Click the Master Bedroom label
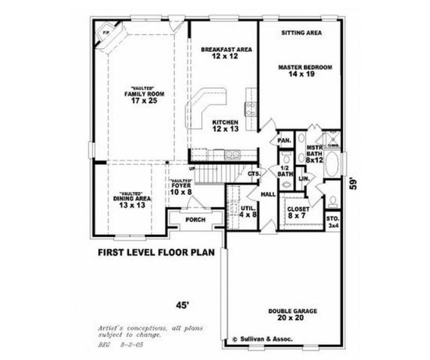tap(305, 71)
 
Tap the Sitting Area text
tap(302, 34)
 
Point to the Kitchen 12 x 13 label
tap(225, 125)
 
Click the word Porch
tap(195, 220)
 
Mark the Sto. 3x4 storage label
tap(333, 221)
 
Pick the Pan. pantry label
tap(284, 140)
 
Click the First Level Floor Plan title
tap(156, 253)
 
